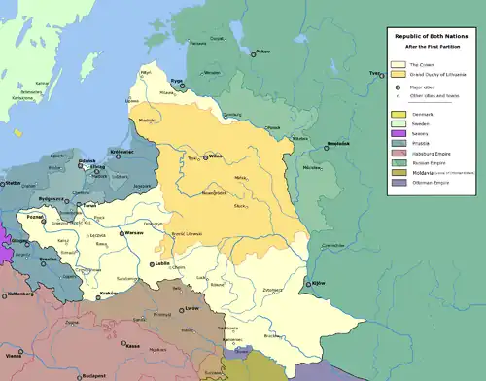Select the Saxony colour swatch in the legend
(x=397, y=133)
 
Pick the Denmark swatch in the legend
(x=397, y=114)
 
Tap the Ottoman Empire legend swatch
(x=397, y=182)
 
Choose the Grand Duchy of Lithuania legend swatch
(x=397, y=74)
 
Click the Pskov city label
(x=262, y=51)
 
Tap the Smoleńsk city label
(x=337, y=143)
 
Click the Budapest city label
(x=93, y=374)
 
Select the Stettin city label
(x=12, y=182)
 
